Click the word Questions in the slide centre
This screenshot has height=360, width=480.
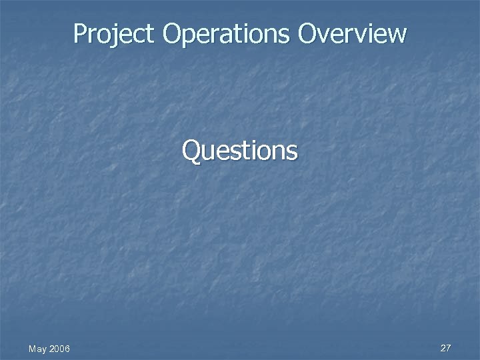pos(240,151)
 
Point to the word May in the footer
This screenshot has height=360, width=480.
pos(37,349)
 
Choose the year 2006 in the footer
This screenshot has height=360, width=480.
pos(59,349)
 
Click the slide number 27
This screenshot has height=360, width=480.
pos(446,348)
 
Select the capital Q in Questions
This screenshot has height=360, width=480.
pos(191,151)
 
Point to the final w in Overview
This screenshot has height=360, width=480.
pos(395,35)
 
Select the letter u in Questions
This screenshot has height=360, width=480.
pos(207,153)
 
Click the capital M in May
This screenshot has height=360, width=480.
pos(32,349)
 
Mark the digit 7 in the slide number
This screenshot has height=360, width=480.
pos(449,348)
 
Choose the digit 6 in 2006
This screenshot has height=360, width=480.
pos(67,349)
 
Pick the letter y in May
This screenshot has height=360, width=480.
pos(43,350)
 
